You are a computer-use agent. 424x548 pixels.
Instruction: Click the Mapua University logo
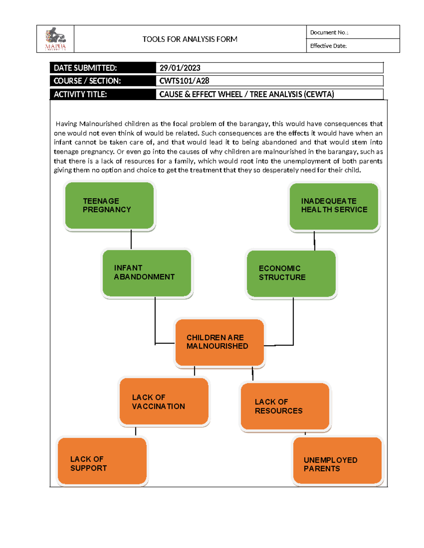[x=55, y=39]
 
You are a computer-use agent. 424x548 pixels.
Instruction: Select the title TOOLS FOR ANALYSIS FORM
[x=190, y=39]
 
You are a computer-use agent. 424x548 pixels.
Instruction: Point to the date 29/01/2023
[x=180, y=68]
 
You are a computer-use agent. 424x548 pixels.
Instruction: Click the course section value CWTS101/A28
[x=184, y=81]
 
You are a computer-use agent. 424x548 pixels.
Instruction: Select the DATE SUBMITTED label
[x=85, y=68]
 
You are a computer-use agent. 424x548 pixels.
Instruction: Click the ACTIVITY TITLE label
[x=80, y=94]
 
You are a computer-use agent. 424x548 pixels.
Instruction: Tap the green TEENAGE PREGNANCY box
[x=110, y=205]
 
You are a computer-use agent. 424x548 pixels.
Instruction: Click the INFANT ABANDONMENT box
[x=147, y=273]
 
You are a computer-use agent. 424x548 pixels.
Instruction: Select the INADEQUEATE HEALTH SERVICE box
[x=334, y=206]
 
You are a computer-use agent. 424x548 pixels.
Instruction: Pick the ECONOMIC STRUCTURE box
[x=291, y=273]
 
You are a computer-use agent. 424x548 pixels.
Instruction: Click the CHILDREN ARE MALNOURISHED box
[x=219, y=342]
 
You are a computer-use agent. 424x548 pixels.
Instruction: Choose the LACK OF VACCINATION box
[x=164, y=401]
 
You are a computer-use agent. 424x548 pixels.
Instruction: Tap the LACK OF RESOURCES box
[x=285, y=406]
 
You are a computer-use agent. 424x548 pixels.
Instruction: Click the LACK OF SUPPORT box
[x=102, y=461]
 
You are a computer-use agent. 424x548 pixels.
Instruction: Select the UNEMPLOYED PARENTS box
[x=337, y=460]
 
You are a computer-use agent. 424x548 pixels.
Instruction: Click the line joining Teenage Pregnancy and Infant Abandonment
[x=131, y=240]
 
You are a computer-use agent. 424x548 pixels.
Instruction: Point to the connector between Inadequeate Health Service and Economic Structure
[x=314, y=241]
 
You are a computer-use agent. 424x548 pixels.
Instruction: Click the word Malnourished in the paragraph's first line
[x=101, y=124]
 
